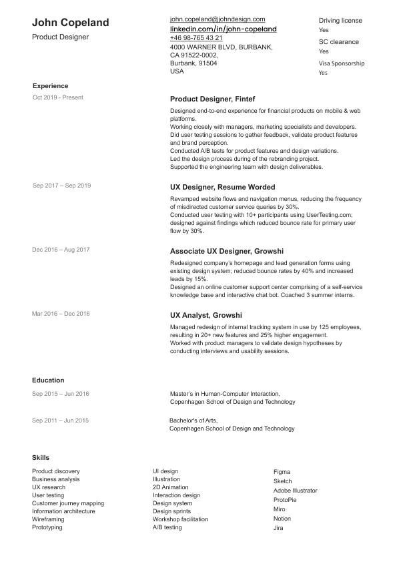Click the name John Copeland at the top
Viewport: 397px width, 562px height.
pyautogui.click(x=70, y=23)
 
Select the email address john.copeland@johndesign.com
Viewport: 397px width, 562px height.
pyautogui.click(x=218, y=20)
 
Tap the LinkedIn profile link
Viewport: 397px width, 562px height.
pyautogui.click(x=223, y=29)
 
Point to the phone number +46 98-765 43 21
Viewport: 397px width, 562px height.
pyautogui.click(x=196, y=39)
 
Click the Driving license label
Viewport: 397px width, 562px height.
pyautogui.click(x=340, y=21)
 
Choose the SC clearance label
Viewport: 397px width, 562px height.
pyautogui.click(x=338, y=42)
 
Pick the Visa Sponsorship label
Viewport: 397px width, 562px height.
pyautogui.click(x=342, y=63)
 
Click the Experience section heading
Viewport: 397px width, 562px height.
pyautogui.click(x=50, y=86)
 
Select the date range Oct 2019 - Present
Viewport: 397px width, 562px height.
pyautogui.click(x=57, y=97)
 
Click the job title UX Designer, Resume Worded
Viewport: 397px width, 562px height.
pyautogui.click(x=222, y=188)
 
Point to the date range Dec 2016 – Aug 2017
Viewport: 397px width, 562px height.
pyautogui.click(x=61, y=250)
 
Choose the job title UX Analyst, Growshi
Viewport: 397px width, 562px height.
pyautogui.click(x=206, y=315)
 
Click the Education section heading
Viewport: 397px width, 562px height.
pyautogui.click(x=48, y=380)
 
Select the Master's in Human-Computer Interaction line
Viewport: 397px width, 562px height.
pyautogui.click(x=225, y=394)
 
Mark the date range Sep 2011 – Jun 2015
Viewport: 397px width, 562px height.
pyautogui.click(x=60, y=420)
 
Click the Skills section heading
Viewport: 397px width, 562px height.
pyautogui.click(x=40, y=457)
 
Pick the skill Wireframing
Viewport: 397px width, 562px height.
pyautogui.click(x=48, y=519)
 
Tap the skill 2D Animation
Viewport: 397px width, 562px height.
pyautogui.click(x=170, y=487)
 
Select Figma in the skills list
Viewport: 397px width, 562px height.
pyautogui.click(x=282, y=472)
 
